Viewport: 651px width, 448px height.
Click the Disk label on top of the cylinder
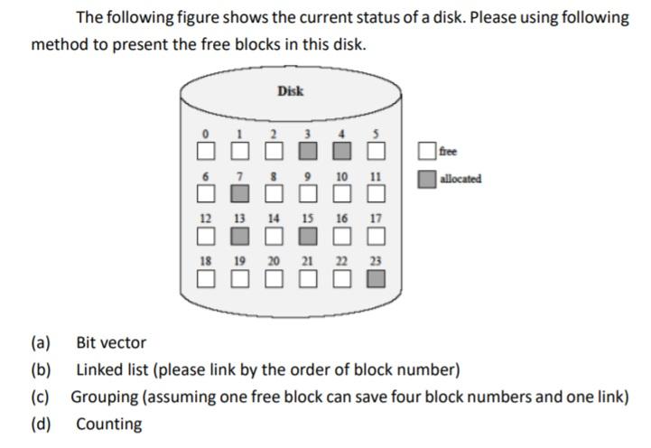point(290,91)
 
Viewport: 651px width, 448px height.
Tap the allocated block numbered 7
point(239,193)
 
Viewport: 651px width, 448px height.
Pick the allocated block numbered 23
point(377,279)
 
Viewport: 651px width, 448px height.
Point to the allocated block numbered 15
point(307,237)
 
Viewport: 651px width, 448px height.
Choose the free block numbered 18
point(206,279)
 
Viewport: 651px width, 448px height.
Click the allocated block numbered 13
point(239,237)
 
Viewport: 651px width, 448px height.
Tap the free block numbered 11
point(377,193)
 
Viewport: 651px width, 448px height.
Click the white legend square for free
point(427,152)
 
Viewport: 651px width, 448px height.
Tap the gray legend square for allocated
point(427,179)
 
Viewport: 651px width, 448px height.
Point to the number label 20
point(273,261)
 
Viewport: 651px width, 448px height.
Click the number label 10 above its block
point(342,175)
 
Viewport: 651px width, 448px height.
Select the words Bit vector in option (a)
point(110,343)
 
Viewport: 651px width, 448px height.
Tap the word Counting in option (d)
point(108,425)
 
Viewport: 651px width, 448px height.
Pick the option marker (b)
point(41,370)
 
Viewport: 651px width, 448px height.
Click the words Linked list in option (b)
point(110,370)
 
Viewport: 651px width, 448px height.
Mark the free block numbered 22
point(342,279)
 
